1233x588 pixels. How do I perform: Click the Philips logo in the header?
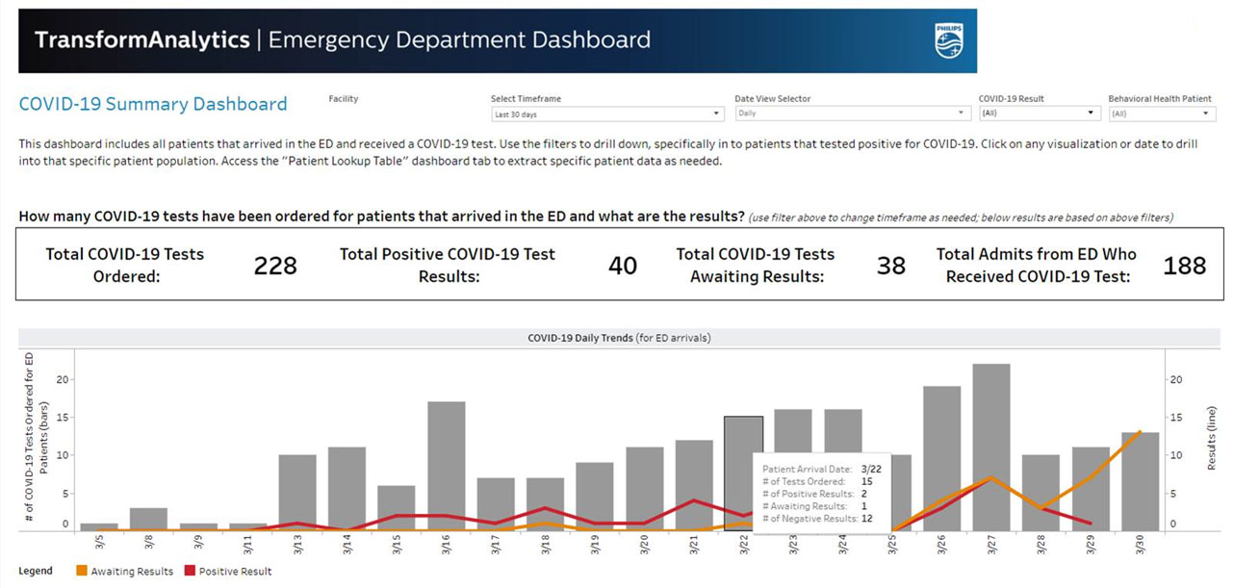tap(948, 40)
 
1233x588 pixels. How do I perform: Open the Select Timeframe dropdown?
tap(607, 114)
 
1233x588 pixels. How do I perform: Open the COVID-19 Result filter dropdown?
tap(1039, 114)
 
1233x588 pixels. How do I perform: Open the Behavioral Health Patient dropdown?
tap(1162, 114)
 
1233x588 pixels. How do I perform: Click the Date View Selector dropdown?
tap(851, 114)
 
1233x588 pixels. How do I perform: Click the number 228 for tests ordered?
tap(275, 266)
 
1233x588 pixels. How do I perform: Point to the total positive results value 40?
tap(623, 266)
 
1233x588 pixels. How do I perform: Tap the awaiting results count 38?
tap(891, 266)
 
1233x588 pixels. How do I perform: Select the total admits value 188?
tap(1184, 266)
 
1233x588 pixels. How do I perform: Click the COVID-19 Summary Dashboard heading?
tap(153, 104)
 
